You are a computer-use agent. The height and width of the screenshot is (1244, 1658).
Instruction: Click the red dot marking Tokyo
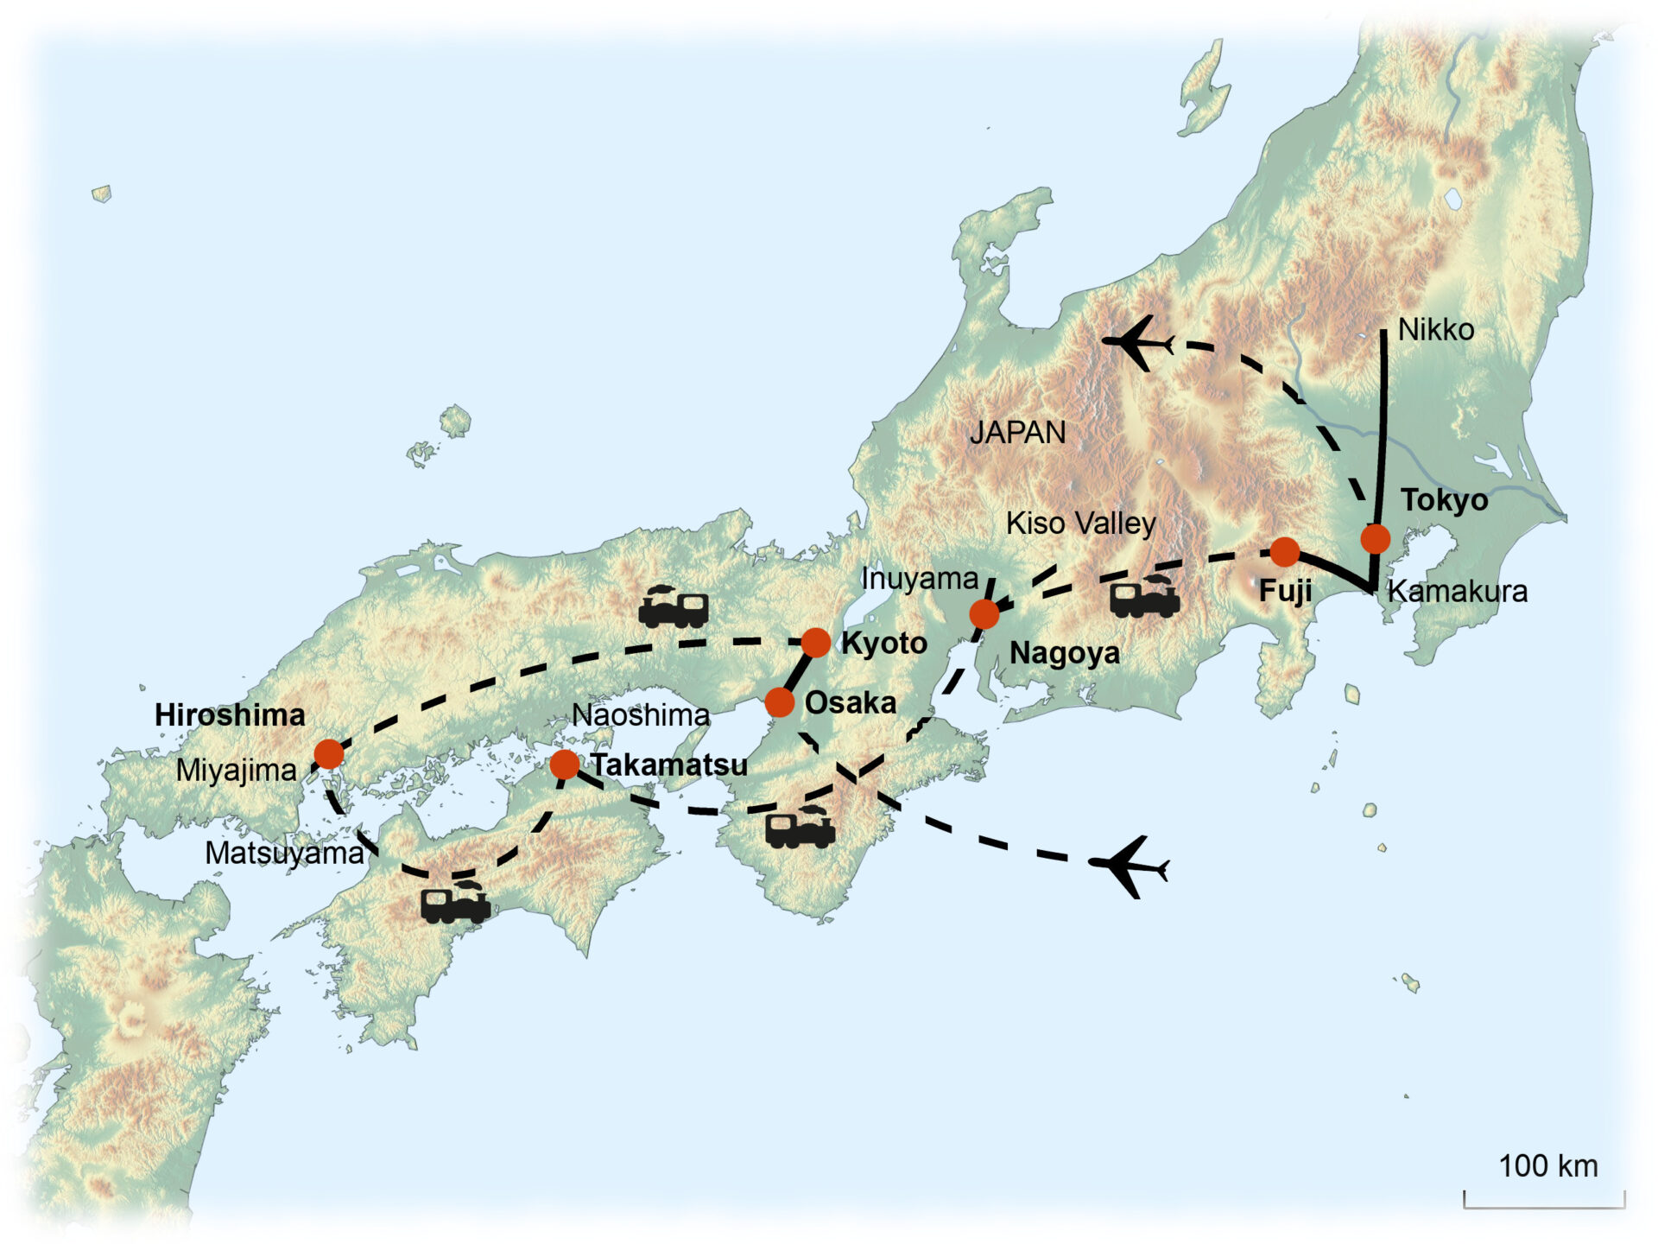pyautogui.click(x=1375, y=539)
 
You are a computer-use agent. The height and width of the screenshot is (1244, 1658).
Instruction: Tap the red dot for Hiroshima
pyautogui.click(x=329, y=754)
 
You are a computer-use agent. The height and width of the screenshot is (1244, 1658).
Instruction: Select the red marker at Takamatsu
pyautogui.click(x=564, y=764)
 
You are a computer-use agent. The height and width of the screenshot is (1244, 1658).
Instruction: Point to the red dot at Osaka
pyautogui.click(x=779, y=702)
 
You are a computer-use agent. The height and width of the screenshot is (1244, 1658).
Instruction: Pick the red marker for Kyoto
pyautogui.click(x=815, y=643)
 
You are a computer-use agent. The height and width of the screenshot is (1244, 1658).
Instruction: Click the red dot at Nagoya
pyautogui.click(x=984, y=614)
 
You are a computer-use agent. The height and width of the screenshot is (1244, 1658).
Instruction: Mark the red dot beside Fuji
pyautogui.click(x=1284, y=551)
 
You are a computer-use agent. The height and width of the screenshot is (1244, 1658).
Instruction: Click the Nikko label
pyautogui.click(x=1435, y=329)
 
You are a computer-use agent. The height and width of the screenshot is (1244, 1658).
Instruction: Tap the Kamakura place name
pyautogui.click(x=1457, y=592)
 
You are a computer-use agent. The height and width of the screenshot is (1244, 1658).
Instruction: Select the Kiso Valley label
pyautogui.click(x=1080, y=524)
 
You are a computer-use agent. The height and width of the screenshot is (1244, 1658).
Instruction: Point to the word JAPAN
pyautogui.click(x=1017, y=432)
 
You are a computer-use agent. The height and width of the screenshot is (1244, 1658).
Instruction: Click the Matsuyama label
pyautogui.click(x=284, y=854)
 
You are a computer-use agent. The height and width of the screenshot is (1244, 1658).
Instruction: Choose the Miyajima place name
pyautogui.click(x=236, y=771)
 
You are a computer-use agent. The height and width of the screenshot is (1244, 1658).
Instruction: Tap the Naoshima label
pyautogui.click(x=640, y=715)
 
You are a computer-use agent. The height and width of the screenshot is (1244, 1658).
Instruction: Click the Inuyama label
pyautogui.click(x=919, y=579)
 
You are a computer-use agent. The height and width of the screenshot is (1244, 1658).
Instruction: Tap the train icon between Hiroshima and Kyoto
pyautogui.click(x=674, y=606)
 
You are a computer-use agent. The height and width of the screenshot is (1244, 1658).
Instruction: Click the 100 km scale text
pyautogui.click(x=1547, y=1165)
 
